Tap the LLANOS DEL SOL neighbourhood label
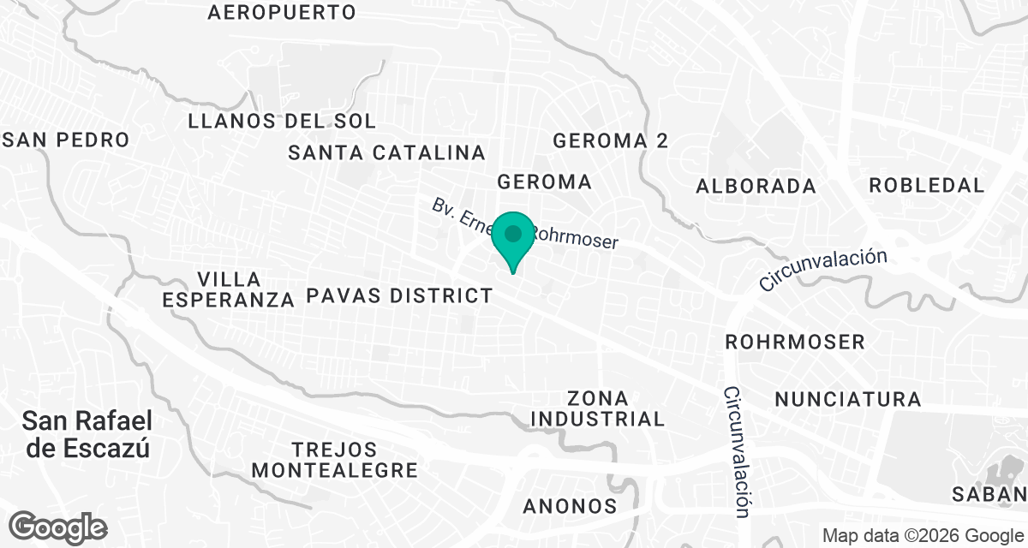pos(282,121)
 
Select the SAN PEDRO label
pos(67,140)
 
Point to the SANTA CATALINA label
pos(387,153)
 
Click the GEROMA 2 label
pos(610,140)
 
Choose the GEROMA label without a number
pos(545,182)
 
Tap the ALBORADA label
pos(756,186)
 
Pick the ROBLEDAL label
pos(927,185)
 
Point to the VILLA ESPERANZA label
pos(228,289)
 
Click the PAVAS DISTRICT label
pos(400,296)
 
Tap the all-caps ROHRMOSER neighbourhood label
pos(795,342)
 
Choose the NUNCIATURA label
pos(848,399)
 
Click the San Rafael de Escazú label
pos(88,434)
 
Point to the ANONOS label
pos(570,505)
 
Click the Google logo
pos(58,526)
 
